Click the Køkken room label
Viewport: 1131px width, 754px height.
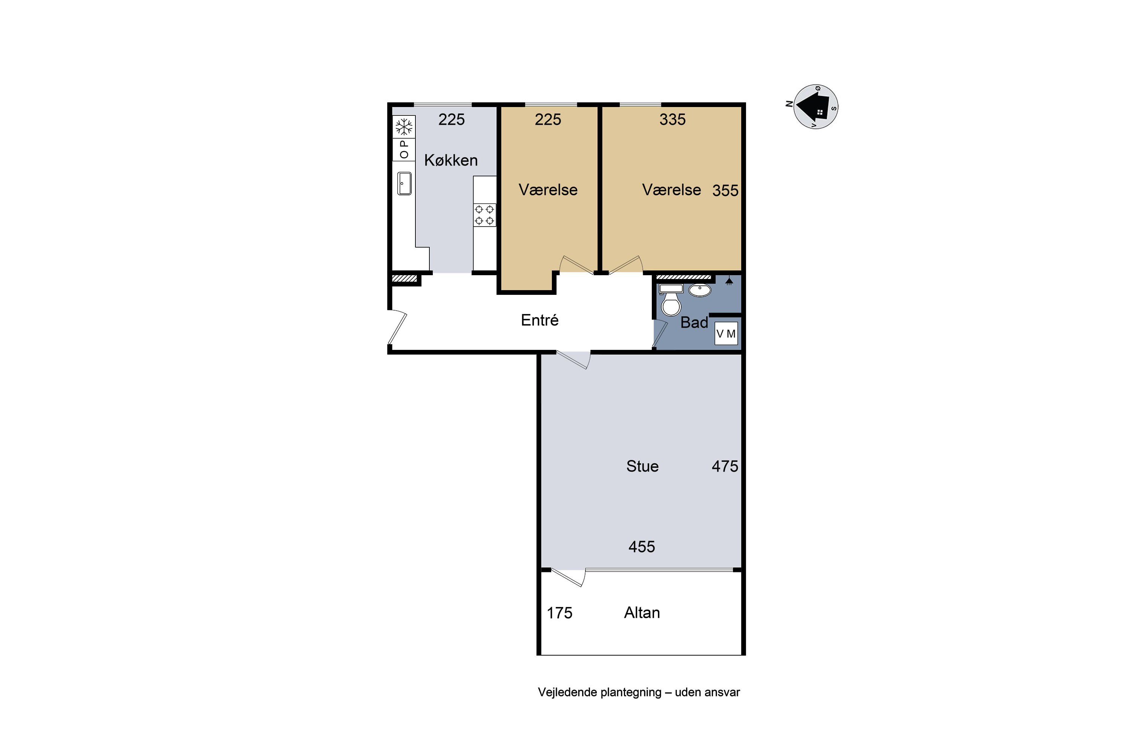pyautogui.click(x=451, y=160)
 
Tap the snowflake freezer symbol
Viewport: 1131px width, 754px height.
pyautogui.click(x=404, y=127)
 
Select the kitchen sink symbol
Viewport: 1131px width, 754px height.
pyautogui.click(x=405, y=183)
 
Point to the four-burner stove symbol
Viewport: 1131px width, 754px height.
pyautogui.click(x=484, y=215)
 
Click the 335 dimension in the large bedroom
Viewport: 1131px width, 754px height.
pyautogui.click(x=672, y=119)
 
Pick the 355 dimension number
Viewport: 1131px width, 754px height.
pyautogui.click(x=725, y=190)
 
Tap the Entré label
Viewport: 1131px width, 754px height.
pyautogui.click(x=539, y=320)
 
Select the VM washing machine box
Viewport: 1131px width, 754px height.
pyautogui.click(x=726, y=333)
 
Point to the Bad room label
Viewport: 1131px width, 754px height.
pyautogui.click(x=694, y=322)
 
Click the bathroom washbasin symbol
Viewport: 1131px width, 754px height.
pyautogui.click(x=700, y=290)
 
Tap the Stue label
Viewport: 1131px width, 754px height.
pyautogui.click(x=642, y=466)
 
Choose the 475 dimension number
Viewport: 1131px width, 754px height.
pyautogui.click(x=725, y=466)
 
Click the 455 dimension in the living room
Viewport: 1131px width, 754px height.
pyautogui.click(x=642, y=546)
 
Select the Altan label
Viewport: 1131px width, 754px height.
pyautogui.click(x=642, y=612)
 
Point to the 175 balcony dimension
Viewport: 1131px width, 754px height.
pyautogui.click(x=559, y=613)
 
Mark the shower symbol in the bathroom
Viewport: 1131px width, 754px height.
pyautogui.click(x=729, y=281)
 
